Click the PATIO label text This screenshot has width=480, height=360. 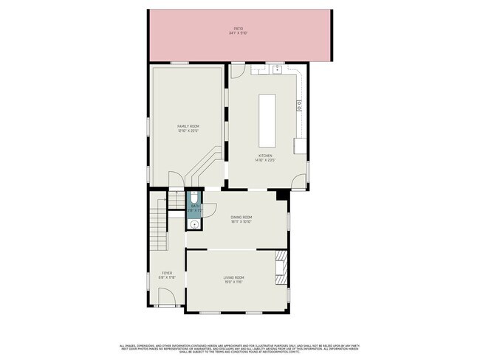(x=239, y=29)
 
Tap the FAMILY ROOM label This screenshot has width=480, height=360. (x=188, y=127)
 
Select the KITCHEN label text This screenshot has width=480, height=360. (x=265, y=156)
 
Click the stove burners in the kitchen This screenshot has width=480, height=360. (x=299, y=105)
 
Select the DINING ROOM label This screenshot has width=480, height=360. (x=241, y=217)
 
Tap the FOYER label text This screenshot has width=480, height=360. (x=167, y=273)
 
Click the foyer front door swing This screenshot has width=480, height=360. (x=168, y=298)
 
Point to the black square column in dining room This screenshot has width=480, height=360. (x=281, y=195)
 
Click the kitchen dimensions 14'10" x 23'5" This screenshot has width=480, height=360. (x=265, y=160)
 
